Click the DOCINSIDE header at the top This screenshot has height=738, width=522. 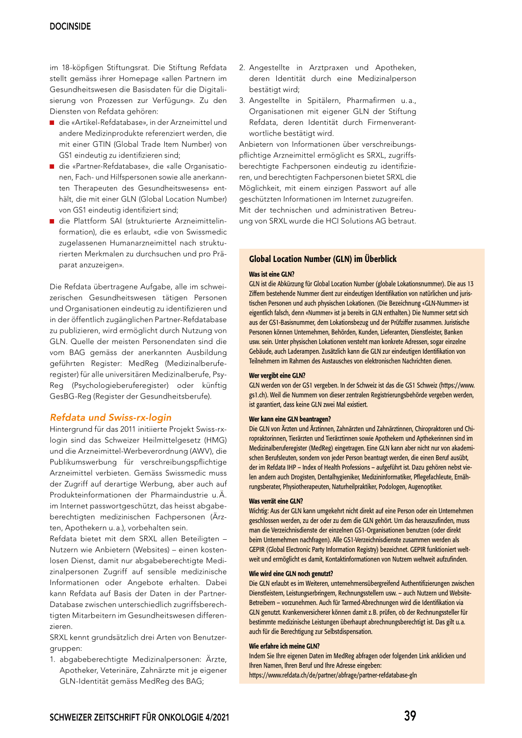(70, 27)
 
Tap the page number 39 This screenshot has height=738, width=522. (410, 716)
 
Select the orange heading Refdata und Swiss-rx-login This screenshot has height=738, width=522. (111, 417)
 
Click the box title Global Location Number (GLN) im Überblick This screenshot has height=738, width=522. (323, 259)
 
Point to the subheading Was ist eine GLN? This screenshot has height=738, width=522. (271, 274)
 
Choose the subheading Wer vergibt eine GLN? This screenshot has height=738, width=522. (277, 376)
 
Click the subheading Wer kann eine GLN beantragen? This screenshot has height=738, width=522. (290, 419)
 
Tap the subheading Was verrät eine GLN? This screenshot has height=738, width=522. (276, 501)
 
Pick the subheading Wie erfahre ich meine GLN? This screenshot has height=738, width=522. (284, 646)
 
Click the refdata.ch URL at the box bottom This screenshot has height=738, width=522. (332, 675)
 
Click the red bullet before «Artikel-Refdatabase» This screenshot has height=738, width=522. (52, 123)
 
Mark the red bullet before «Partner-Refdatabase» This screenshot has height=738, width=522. (52, 167)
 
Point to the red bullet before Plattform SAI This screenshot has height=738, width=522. (52, 221)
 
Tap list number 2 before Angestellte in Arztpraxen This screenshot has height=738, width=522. (242, 68)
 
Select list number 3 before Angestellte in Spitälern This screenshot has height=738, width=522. (242, 101)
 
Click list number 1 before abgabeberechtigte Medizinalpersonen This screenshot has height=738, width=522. (53, 660)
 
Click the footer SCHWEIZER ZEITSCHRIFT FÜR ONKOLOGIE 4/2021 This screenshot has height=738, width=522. (139, 718)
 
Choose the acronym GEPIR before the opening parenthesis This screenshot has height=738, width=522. (258, 549)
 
